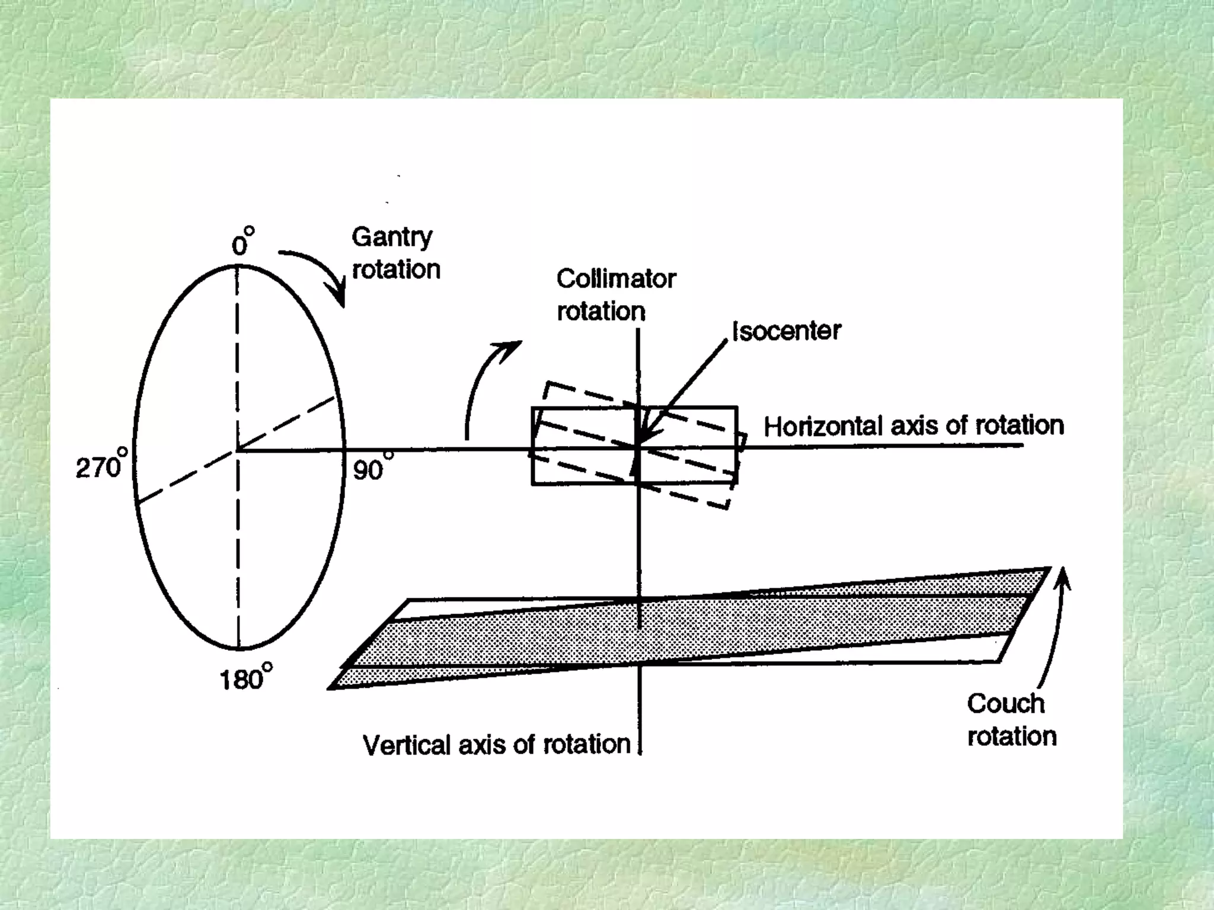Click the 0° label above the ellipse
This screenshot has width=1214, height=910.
pyautogui.click(x=242, y=242)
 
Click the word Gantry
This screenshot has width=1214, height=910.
pyautogui.click(x=392, y=238)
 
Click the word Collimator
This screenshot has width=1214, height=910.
pyautogui.click(x=616, y=279)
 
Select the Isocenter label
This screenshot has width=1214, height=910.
pyautogui.click(x=787, y=331)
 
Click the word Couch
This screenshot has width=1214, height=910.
pyautogui.click(x=1005, y=704)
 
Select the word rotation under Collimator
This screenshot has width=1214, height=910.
pyautogui.click(x=601, y=312)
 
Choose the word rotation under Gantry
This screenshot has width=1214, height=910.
pyautogui.click(x=396, y=270)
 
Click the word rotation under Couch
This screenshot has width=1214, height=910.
pyautogui.click(x=1011, y=736)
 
